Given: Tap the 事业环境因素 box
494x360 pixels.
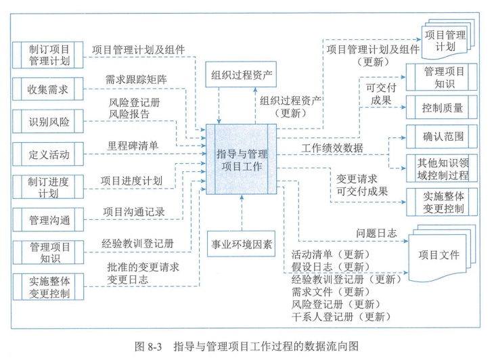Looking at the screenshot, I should click(242, 244).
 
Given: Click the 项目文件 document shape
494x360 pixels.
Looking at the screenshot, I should click(439, 256).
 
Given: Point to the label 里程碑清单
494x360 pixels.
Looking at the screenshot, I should click(133, 145).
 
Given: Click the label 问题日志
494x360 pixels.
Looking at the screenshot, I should click(377, 233).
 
